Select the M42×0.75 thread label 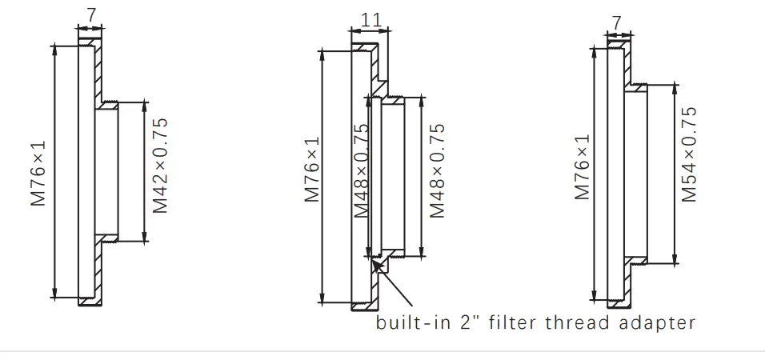point(160,166)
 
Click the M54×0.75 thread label point(689,154)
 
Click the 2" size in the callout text point(469,323)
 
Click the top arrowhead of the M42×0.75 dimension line point(145,104)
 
